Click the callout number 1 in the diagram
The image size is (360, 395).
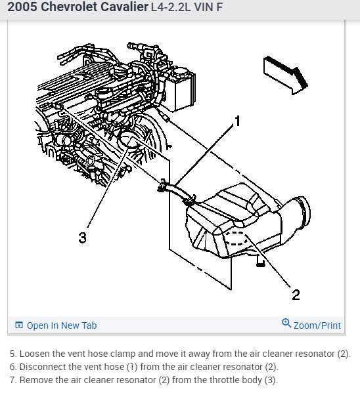(x=237, y=121)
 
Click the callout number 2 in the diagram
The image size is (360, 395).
(x=296, y=294)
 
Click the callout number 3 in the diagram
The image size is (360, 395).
(x=83, y=238)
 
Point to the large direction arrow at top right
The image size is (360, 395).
(x=286, y=75)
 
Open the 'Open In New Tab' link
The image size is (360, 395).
(x=62, y=325)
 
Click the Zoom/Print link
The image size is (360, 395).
(x=317, y=325)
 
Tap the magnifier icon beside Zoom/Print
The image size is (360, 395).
(x=286, y=323)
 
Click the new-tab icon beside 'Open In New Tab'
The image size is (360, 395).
(x=19, y=325)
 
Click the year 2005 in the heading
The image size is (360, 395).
(x=22, y=7)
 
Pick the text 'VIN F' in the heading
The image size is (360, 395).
(x=208, y=7)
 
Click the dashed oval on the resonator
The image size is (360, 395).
(x=236, y=238)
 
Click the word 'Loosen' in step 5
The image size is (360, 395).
(x=35, y=354)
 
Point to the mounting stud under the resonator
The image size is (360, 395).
(x=261, y=261)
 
